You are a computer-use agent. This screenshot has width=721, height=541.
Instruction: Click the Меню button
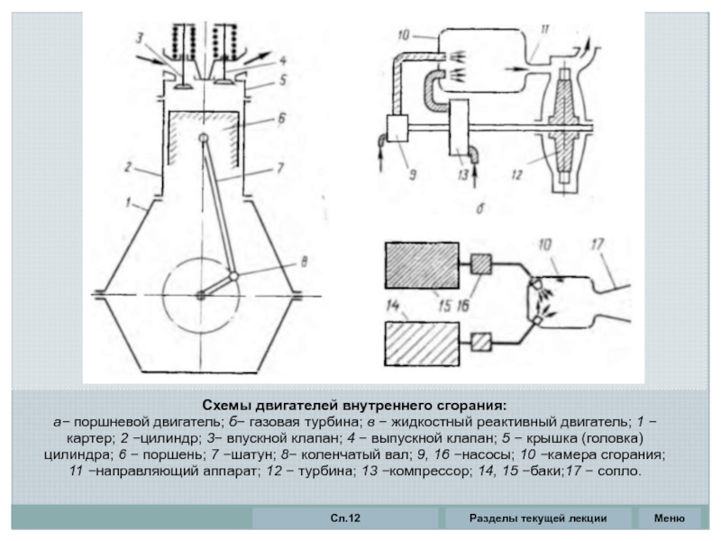coord(669,518)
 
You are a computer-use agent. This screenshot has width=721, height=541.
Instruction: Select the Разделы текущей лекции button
coord(538,518)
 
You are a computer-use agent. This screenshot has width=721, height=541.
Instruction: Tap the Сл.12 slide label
coord(345,518)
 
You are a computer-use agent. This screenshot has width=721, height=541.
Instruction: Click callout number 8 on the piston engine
coord(304,262)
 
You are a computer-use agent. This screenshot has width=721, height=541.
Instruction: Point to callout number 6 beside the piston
coord(281,118)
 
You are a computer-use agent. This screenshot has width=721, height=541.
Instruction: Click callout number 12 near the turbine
coord(516,174)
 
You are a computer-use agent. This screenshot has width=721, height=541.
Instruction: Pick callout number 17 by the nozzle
coord(597,243)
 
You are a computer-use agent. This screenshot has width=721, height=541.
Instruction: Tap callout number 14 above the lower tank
coord(392,306)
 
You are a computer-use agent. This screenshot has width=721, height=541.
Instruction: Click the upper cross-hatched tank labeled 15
coord(422,265)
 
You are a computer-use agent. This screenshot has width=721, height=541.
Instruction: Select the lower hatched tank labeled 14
coord(422,344)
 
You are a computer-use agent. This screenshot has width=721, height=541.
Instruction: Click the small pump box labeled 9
coord(397,128)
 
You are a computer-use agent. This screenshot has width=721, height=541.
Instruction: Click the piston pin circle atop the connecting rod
coord(204,138)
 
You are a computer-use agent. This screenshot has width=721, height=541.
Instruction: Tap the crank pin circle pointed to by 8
coord(233,276)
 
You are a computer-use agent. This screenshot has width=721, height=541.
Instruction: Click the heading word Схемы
coord(227,407)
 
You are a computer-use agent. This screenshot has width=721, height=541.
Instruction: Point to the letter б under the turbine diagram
coord(480,208)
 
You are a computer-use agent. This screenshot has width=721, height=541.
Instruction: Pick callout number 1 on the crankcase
coord(129,201)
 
